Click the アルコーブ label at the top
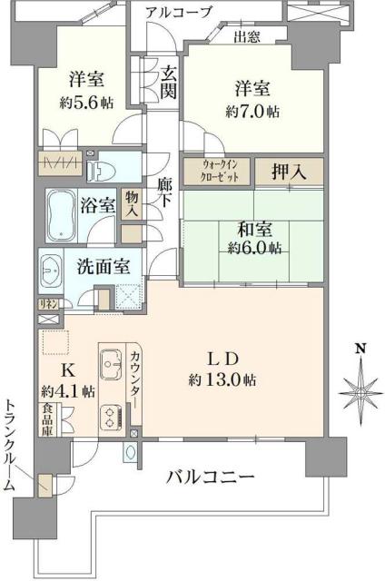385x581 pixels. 178,12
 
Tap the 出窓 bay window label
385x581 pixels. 246,37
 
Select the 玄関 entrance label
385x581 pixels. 169,81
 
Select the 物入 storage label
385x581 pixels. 132,203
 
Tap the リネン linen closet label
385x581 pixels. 46,304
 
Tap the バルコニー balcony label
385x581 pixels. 210,476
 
